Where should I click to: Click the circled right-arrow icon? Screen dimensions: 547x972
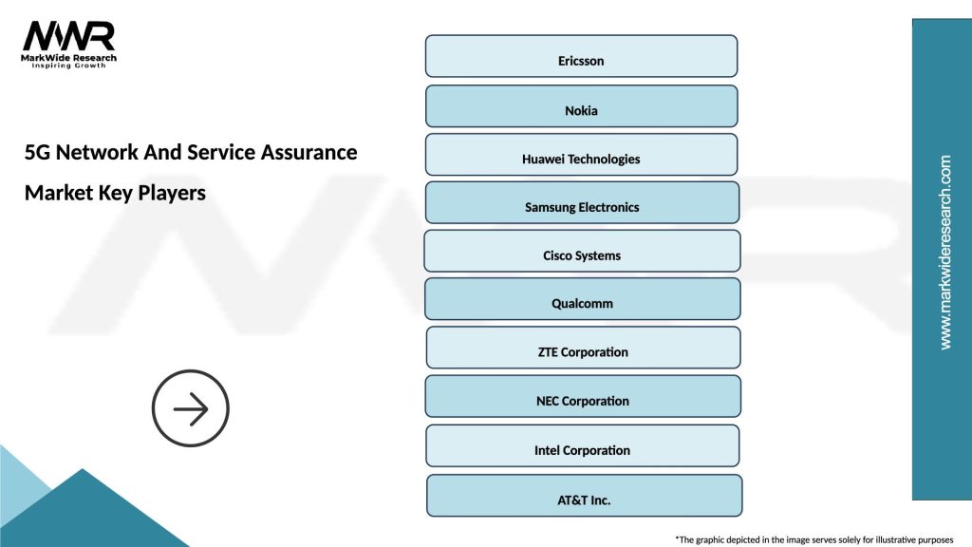pyautogui.click(x=191, y=409)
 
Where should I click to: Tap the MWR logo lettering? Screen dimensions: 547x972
pyautogui.click(x=68, y=36)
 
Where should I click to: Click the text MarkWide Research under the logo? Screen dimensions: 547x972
pyautogui.click(x=68, y=58)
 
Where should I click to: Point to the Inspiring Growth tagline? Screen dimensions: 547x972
pyautogui.click(x=68, y=66)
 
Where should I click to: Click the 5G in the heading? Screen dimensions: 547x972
pyautogui.click(x=38, y=152)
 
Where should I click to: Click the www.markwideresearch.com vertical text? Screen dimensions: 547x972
pyautogui.click(x=944, y=253)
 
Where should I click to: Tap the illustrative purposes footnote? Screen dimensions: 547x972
pyautogui.click(x=813, y=538)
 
